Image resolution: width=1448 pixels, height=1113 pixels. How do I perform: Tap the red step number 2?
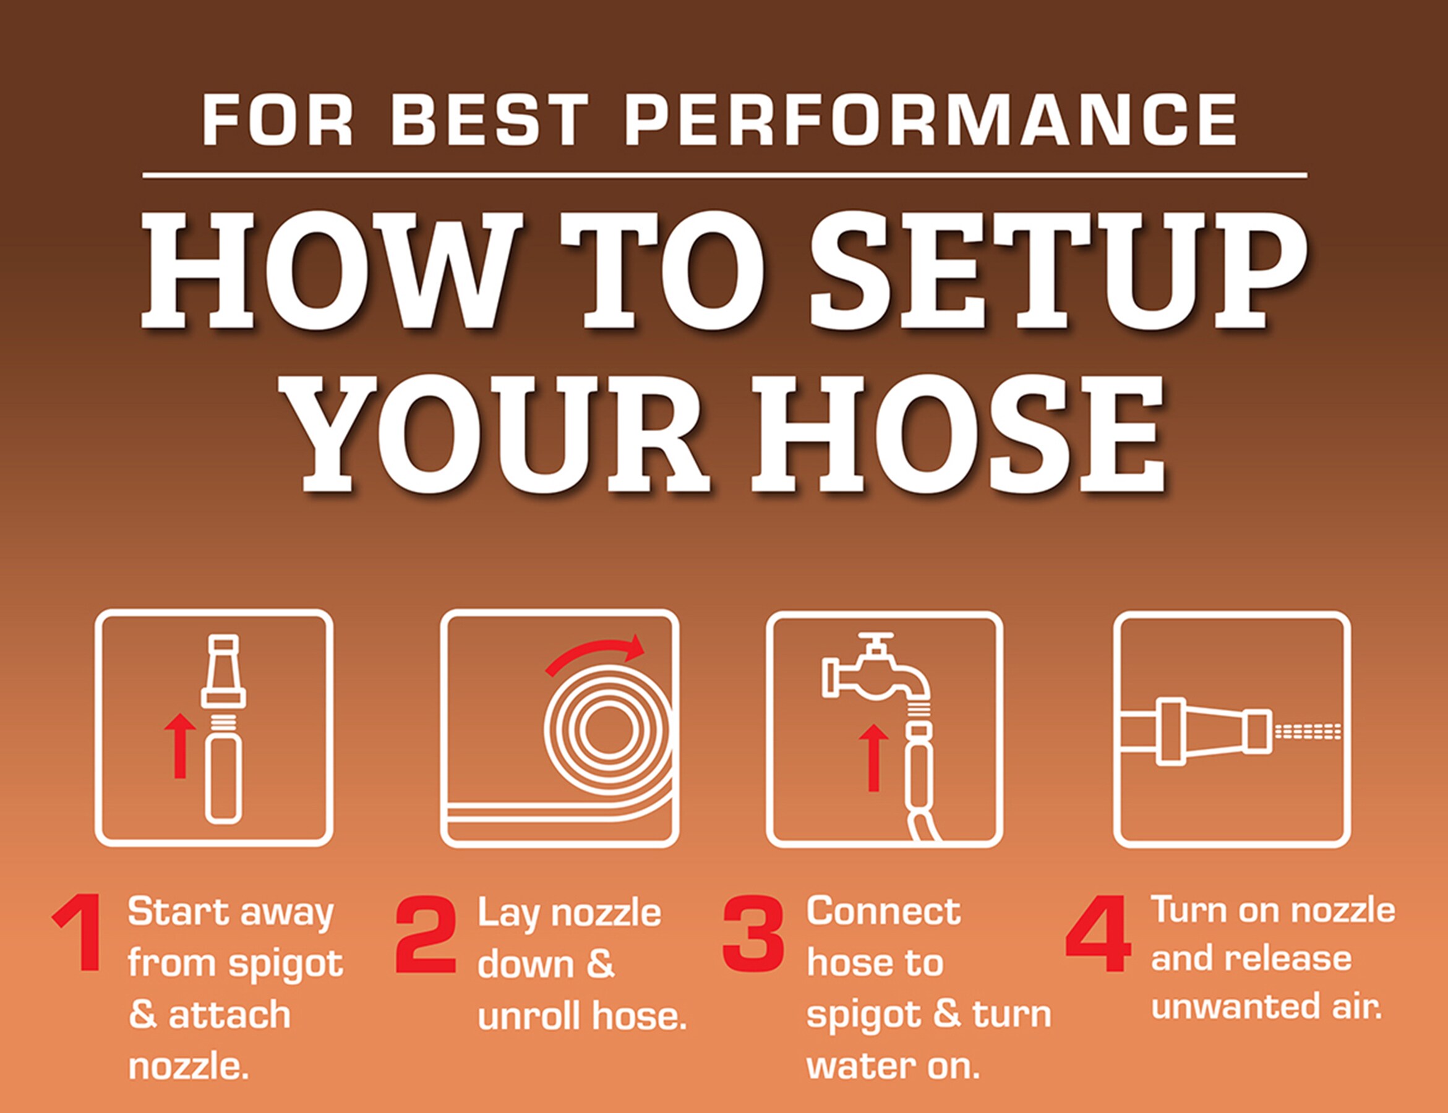(426, 934)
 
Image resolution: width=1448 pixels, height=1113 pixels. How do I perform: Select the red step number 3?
(753, 934)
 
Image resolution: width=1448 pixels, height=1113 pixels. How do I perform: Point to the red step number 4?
(1098, 934)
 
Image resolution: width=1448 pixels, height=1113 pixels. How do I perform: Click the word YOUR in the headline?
(502, 434)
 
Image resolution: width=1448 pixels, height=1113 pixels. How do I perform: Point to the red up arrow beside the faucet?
(873, 757)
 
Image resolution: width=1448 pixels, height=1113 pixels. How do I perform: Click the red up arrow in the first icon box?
(179, 745)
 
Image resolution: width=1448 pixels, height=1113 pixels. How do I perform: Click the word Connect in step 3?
(883, 912)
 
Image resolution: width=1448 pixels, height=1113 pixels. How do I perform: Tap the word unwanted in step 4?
(1233, 1007)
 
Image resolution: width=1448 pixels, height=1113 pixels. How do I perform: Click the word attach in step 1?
(229, 1015)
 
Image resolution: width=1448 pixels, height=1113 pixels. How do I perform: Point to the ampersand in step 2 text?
(601, 964)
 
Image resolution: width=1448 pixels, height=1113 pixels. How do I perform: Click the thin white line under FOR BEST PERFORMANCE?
(724, 176)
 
